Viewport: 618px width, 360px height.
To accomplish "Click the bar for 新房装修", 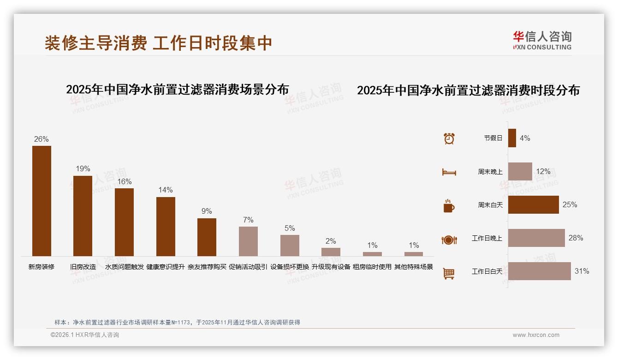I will [x=42, y=201].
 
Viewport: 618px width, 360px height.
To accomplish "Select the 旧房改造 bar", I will [x=83, y=216].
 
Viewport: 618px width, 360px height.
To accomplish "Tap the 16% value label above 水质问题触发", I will [x=124, y=181].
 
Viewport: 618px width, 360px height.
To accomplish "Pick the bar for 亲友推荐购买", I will [x=207, y=237].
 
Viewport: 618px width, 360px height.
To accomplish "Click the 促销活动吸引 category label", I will [x=248, y=267].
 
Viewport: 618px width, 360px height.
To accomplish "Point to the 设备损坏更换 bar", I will [x=290, y=245].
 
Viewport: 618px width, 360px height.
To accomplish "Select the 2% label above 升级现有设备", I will [x=331, y=241].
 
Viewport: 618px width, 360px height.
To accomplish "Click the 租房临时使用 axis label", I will [x=372, y=267].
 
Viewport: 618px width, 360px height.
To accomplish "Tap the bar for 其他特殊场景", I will [x=414, y=254].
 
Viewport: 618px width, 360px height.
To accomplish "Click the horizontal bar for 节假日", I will [x=512, y=138].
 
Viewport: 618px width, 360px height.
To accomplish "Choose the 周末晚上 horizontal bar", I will [x=520, y=171].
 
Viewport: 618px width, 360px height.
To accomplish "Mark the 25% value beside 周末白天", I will [x=570, y=204].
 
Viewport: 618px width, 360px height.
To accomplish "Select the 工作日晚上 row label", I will [x=487, y=238].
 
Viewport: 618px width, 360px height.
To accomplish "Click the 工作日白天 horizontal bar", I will [x=539, y=271].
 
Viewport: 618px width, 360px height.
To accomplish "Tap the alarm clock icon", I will [x=449, y=138].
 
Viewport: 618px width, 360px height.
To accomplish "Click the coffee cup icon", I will [x=449, y=206].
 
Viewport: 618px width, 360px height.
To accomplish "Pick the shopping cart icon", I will [x=449, y=273].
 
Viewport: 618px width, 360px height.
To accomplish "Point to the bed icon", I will [x=449, y=172].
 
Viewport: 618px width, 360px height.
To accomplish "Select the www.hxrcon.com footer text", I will [x=536, y=335].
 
